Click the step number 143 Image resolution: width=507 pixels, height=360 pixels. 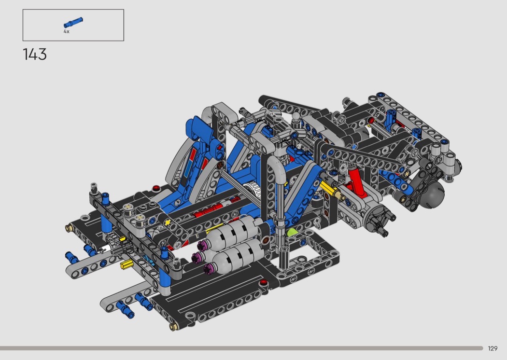click(x=35, y=55)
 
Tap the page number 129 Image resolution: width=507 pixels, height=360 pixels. click(x=493, y=348)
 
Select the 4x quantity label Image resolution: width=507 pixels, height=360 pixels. click(x=66, y=31)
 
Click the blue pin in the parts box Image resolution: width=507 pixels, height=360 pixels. click(x=73, y=23)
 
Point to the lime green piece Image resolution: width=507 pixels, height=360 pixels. click(x=292, y=232)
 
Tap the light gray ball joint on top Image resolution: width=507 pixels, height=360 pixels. click(x=296, y=117)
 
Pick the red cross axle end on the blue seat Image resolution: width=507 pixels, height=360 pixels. click(x=220, y=147)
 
